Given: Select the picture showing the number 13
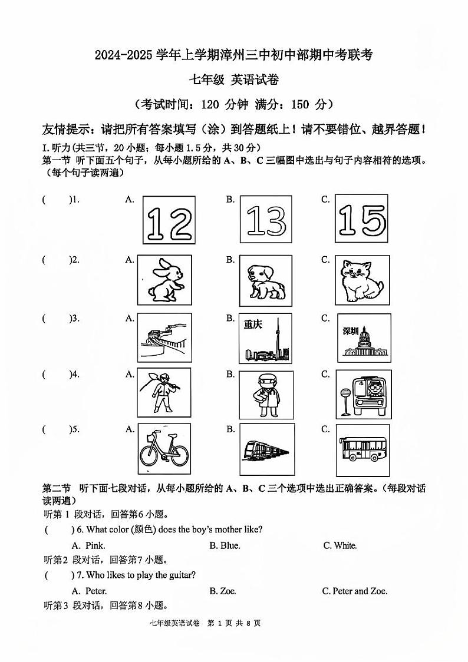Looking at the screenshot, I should point(265,220).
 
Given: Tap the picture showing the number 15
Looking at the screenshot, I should point(362,220).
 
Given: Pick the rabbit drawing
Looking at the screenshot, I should point(164,280).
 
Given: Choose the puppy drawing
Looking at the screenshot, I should point(265,280).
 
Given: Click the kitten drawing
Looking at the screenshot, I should point(361,280).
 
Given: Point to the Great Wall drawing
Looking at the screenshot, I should point(164,337).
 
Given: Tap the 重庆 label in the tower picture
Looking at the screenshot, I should point(253,325).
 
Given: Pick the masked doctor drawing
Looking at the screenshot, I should point(265,393).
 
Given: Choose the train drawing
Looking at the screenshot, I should point(265,452).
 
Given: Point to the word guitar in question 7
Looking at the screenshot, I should point(182,575).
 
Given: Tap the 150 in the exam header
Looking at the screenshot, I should point(300,104).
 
